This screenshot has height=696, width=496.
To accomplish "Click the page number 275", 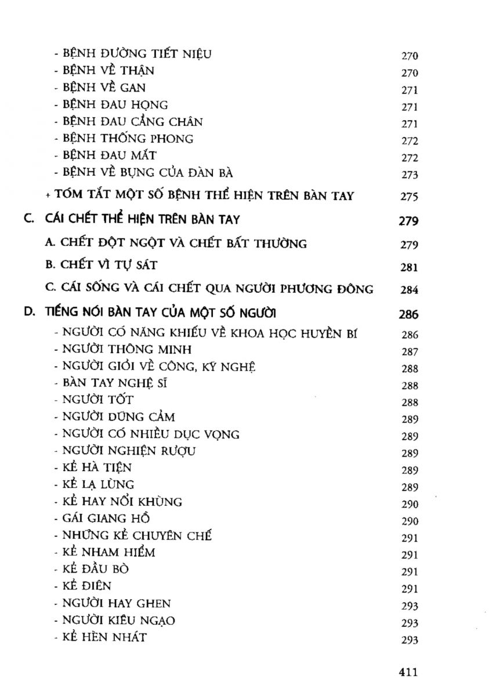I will pos(409,197).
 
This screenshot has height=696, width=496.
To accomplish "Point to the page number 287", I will pos(409,352).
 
